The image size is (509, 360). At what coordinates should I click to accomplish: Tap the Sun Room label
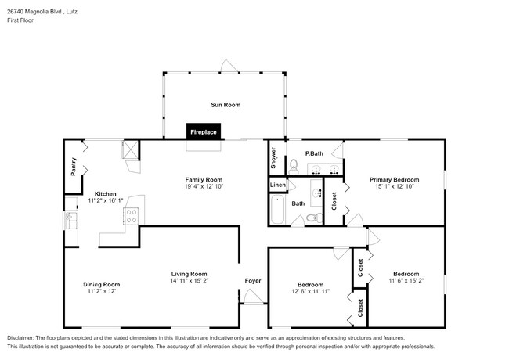[225, 104]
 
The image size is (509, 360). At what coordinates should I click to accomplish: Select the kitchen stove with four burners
[131, 215]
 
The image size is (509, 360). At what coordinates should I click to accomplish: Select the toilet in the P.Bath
[294, 165]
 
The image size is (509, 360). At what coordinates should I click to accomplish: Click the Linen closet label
[278, 185]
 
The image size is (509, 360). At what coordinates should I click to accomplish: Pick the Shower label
[274, 159]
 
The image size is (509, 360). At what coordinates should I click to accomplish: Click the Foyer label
[252, 280]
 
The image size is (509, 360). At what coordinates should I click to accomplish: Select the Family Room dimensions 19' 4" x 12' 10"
[204, 187]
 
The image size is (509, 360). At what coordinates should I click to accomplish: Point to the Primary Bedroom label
[394, 179]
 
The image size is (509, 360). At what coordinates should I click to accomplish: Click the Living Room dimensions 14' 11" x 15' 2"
[190, 280]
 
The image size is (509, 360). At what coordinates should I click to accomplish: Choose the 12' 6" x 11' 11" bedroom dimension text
[310, 292]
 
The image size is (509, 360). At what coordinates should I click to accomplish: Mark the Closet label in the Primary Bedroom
[334, 203]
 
